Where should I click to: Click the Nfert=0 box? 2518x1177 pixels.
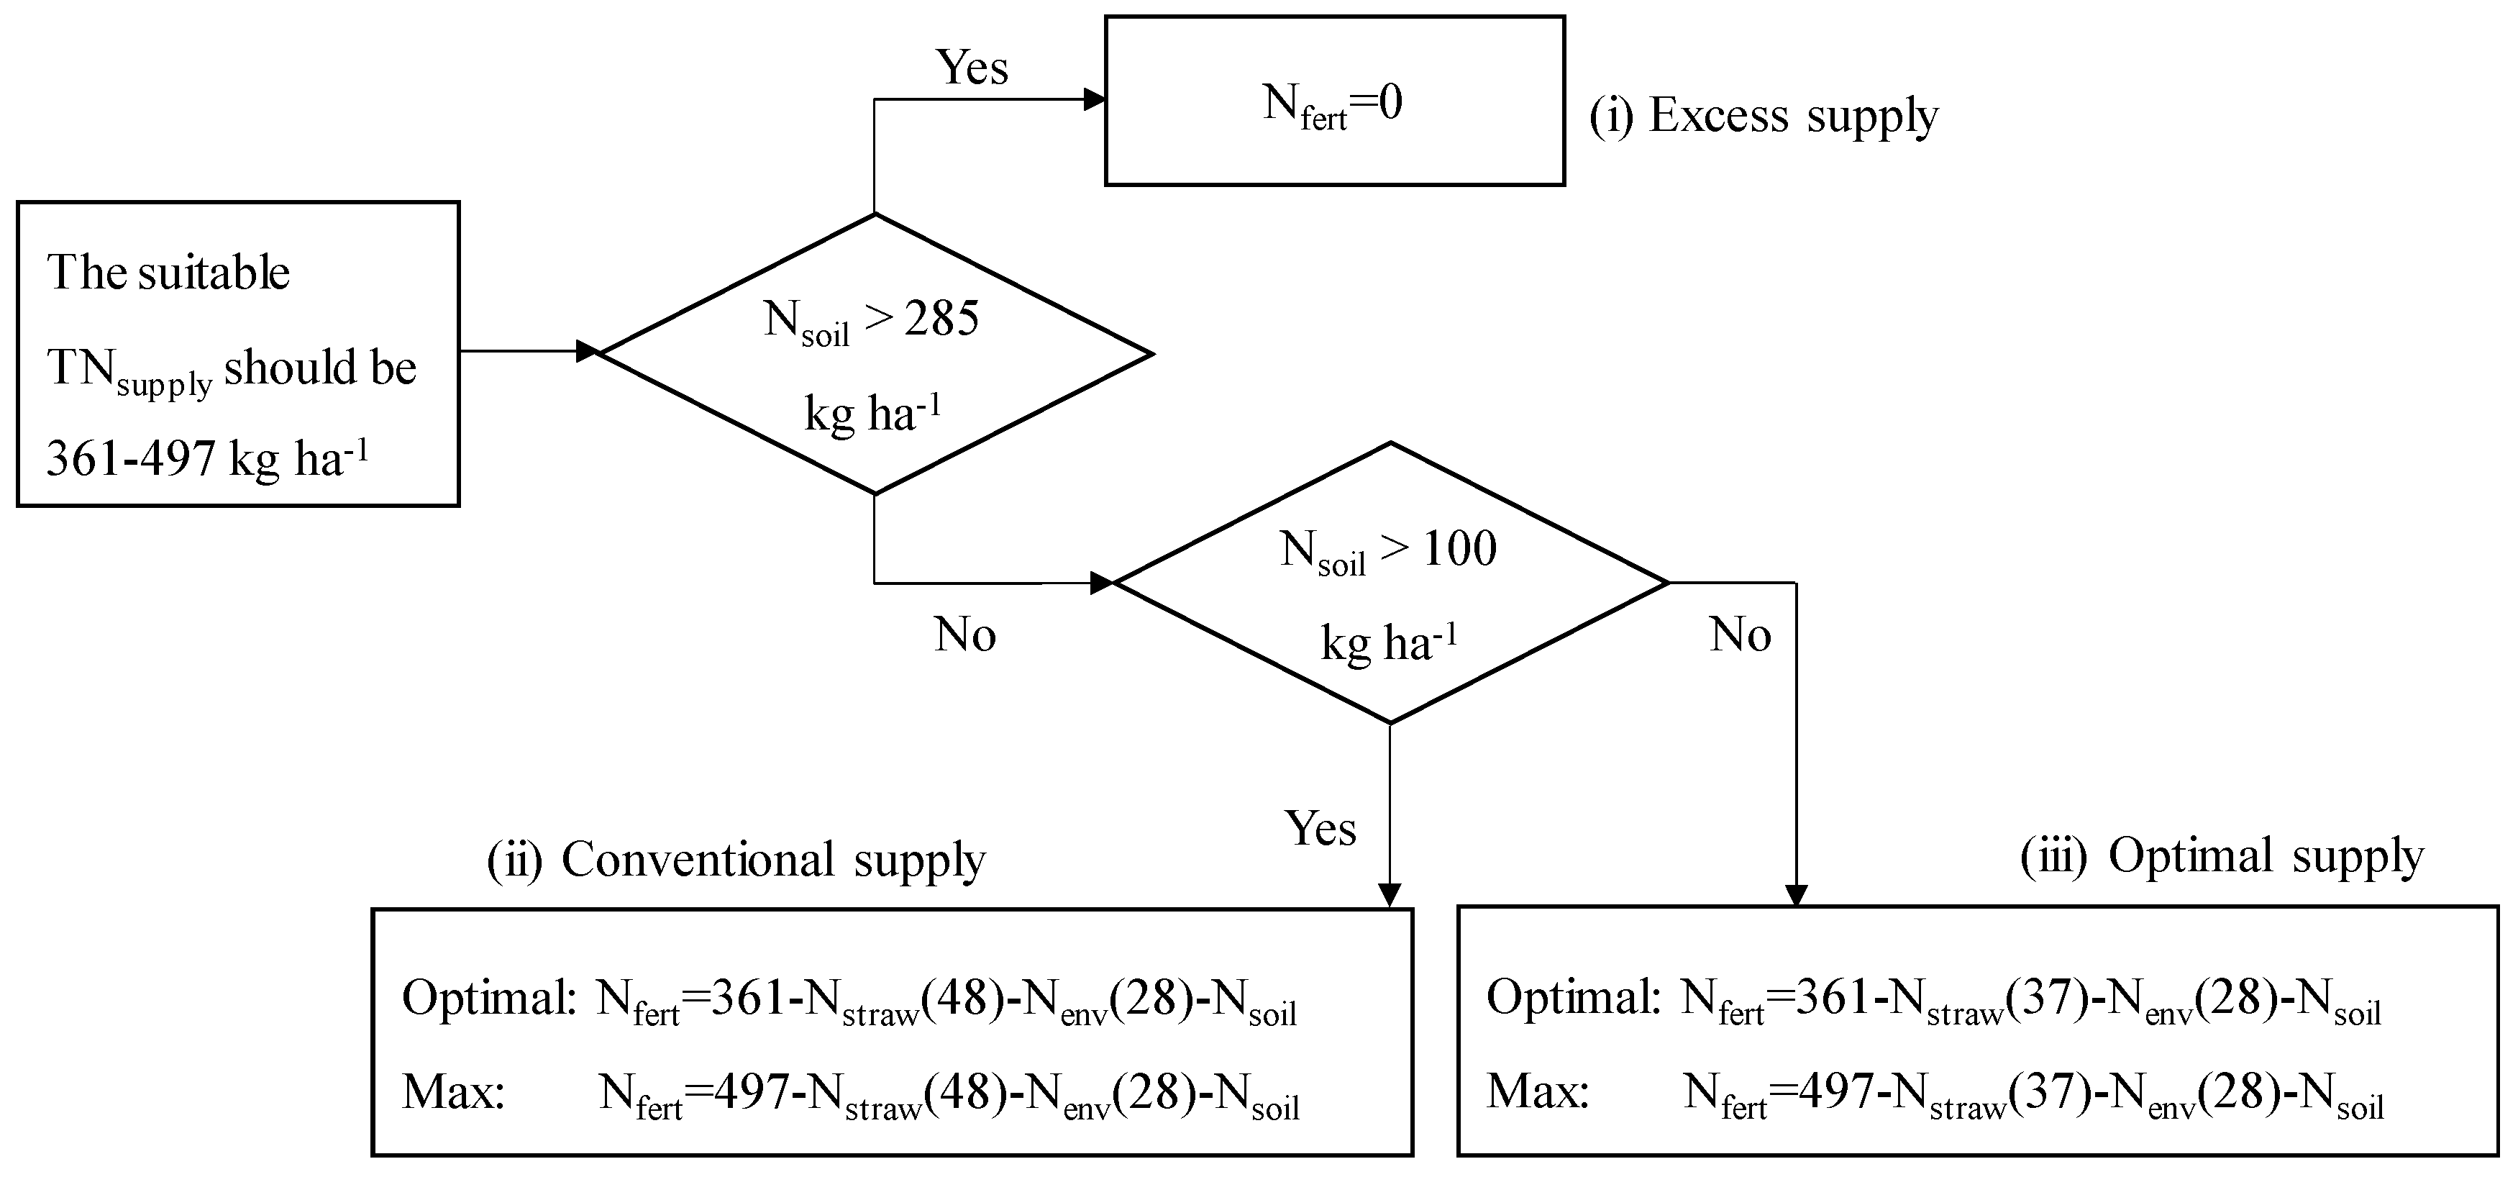[1333, 101]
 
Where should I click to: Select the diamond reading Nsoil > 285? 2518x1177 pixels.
[873, 354]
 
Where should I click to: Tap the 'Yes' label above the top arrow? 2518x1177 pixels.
[972, 68]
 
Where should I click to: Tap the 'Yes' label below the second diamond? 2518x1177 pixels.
[1320, 829]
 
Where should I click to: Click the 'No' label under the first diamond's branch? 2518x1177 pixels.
[964, 635]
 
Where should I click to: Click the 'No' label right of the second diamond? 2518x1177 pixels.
[1740, 635]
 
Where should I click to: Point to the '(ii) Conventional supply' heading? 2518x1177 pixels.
[735, 860]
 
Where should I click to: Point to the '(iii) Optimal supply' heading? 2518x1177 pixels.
[2221, 856]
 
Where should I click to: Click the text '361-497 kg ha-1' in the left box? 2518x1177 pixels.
[207, 458]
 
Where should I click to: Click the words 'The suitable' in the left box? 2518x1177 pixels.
[168, 273]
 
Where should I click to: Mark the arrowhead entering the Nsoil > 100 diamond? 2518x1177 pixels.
[1102, 583]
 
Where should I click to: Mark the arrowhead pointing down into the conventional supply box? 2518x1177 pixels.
[1389, 894]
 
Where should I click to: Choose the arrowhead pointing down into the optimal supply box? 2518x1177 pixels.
[1796, 894]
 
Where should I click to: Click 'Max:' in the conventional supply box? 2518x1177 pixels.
[452, 1092]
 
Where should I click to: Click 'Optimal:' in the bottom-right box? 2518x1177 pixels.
[1572, 998]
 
